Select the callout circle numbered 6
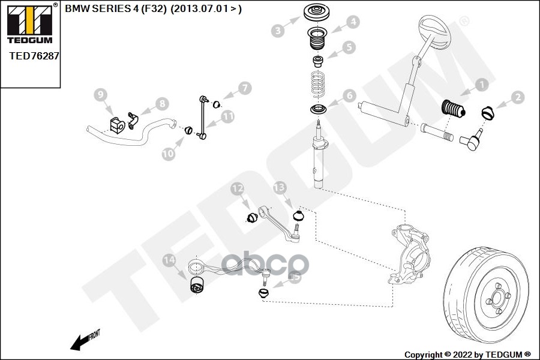point(349,95)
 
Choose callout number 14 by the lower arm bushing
point(170,260)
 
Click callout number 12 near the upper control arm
point(238,190)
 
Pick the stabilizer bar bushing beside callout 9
point(117,125)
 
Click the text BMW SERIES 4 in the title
point(101,9)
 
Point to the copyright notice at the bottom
point(467,353)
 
